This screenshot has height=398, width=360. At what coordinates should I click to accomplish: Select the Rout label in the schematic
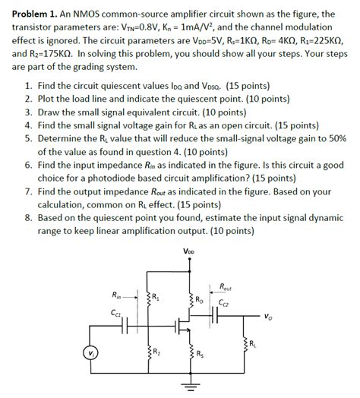point(225,286)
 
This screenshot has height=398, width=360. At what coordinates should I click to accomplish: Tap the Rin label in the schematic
point(115,295)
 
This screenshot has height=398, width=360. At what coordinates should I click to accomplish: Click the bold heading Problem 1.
point(31,14)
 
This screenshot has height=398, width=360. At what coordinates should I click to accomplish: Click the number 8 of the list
point(27,215)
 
